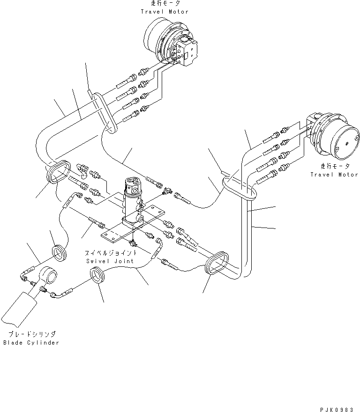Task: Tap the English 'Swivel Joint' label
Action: tap(110, 261)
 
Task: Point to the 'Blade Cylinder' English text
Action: tap(31, 342)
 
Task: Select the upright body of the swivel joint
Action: tap(133, 199)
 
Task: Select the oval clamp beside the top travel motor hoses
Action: tap(105, 113)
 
